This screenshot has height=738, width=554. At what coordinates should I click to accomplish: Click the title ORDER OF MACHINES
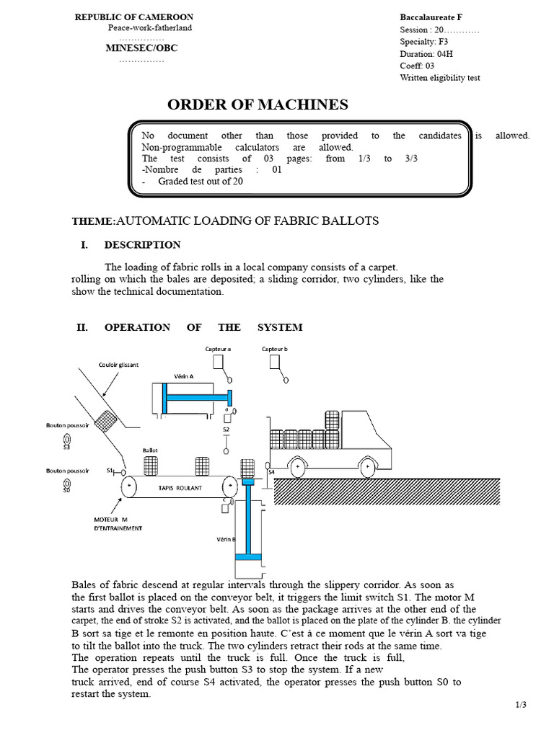[x=258, y=105]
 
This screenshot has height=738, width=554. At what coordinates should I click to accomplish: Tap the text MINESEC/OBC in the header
[x=141, y=48]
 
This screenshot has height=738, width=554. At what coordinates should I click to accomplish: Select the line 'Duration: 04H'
[x=426, y=53]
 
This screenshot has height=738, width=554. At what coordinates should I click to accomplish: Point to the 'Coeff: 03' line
[x=417, y=66]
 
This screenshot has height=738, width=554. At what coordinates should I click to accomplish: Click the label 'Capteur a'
[x=218, y=349]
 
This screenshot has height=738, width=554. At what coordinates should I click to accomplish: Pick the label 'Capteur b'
[x=275, y=349]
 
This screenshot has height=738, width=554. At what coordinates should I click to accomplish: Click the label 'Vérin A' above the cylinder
[x=184, y=375]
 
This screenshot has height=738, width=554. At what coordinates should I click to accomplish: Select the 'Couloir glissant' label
[x=118, y=365]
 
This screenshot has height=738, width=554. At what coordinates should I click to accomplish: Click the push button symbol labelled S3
[x=66, y=438]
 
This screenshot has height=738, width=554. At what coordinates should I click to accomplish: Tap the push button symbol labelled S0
[x=66, y=482]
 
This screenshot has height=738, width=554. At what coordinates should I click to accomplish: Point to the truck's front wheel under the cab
[x=367, y=468]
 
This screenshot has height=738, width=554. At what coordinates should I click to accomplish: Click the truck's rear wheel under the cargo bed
[x=295, y=468]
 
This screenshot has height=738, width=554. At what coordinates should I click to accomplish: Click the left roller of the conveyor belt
[x=130, y=487]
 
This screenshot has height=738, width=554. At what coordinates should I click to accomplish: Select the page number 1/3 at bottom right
[x=521, y=706]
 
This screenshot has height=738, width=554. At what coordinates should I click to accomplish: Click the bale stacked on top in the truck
[x=332, y=419]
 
